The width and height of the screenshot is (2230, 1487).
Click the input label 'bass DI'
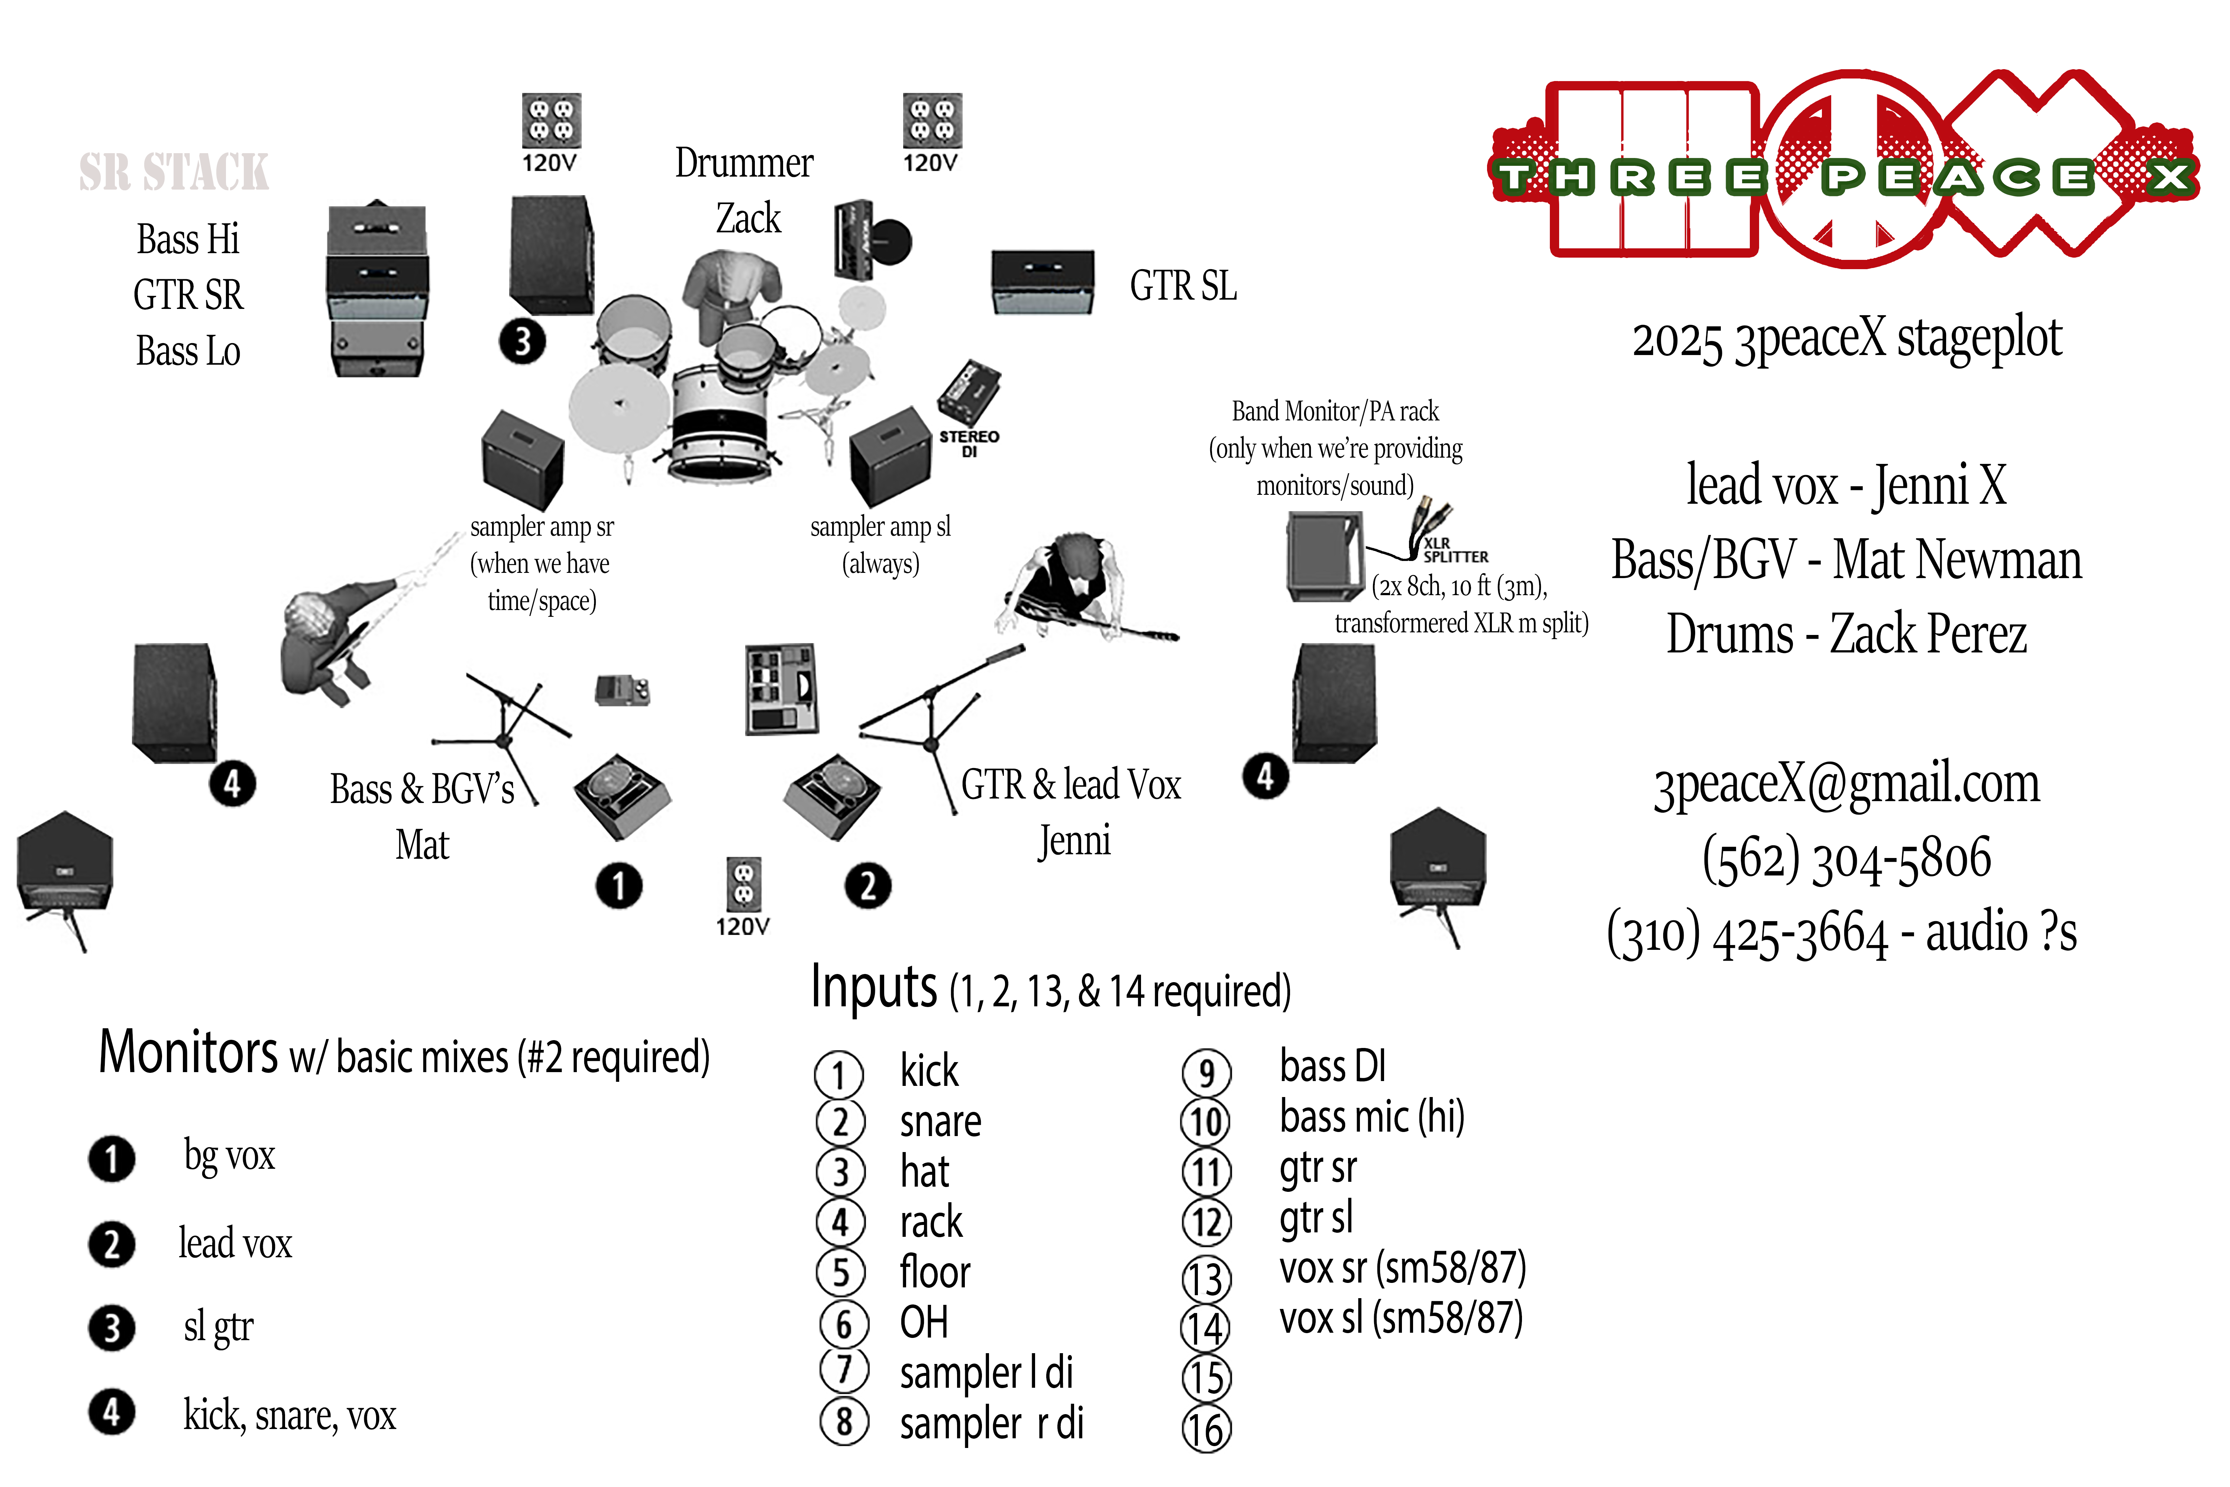[1332, 1066]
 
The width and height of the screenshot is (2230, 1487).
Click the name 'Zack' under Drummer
[748, 219]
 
